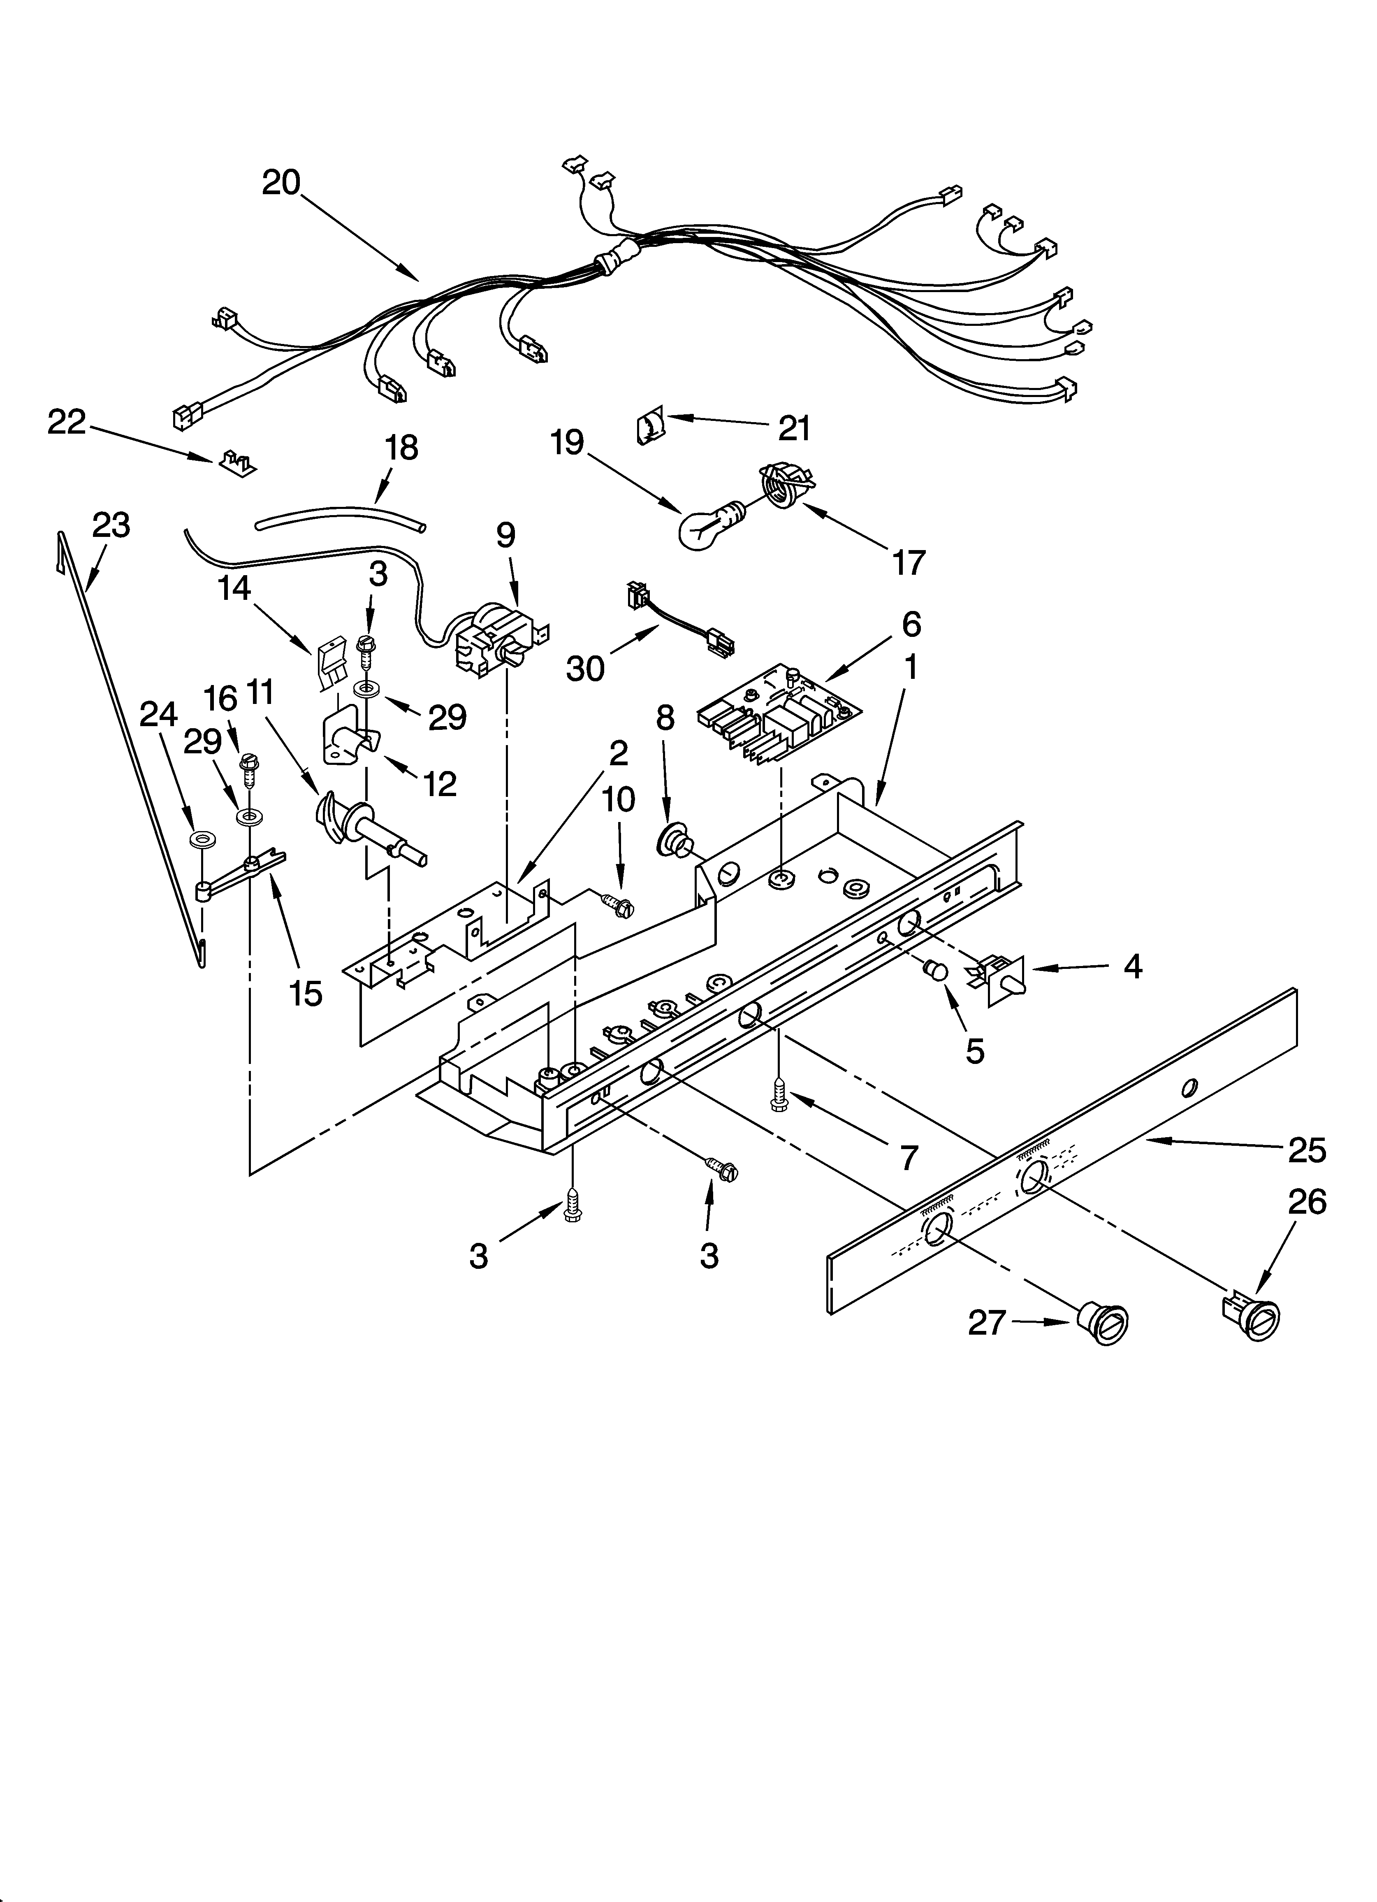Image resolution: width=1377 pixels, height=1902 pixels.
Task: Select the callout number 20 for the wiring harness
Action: [x=281, y=182]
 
